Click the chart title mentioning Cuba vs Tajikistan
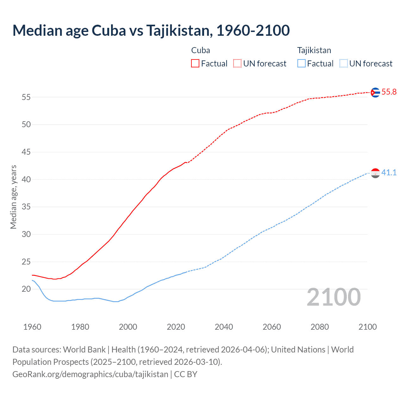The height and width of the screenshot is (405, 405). tap(151, 30)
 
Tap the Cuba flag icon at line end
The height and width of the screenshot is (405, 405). tap(375, 92)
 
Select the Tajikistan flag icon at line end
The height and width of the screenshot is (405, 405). tap(375, 173)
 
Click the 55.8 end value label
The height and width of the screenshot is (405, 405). tap(389, 92)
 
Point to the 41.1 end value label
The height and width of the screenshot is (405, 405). tap(389, 173)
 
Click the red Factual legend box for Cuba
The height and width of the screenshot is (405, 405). tap(195, 64)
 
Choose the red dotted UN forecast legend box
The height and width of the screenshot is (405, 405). tap(237, 64)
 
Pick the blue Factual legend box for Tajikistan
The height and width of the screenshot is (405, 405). tap(301, 64)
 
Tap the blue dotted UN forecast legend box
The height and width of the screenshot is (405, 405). tap(343, 64)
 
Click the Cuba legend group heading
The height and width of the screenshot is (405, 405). tap(201, 50)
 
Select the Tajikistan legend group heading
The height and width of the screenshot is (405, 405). tap(314, 50)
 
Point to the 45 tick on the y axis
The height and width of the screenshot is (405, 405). tap(26, 152)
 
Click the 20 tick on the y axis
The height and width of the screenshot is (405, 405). tap(26, 289)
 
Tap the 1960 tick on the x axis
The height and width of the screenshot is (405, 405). tap(32, 327)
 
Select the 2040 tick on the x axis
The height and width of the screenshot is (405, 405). tap(224, 327)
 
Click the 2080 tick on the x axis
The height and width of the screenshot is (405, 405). tap(320, 327)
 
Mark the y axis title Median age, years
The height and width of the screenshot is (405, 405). tap(13, 197)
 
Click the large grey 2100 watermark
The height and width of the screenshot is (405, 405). tap(333, 297)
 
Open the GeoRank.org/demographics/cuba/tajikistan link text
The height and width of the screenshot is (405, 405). tap(90, 374)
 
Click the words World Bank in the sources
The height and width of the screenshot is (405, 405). tap(84, 350)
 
